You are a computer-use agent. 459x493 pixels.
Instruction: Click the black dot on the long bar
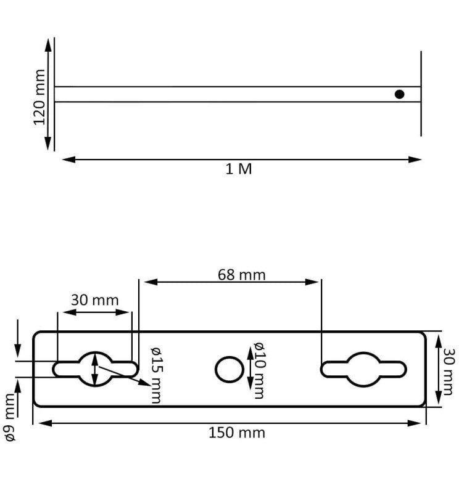[399, 94]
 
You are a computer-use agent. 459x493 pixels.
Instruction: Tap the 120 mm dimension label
[39, 97]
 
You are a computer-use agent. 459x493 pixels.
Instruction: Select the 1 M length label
[239, 169]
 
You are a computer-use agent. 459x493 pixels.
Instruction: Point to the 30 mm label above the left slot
[94, 300]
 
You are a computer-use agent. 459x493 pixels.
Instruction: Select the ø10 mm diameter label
[258, 370]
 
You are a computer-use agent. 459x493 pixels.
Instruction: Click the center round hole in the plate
[229, 369]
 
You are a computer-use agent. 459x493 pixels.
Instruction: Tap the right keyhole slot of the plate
[363, 369]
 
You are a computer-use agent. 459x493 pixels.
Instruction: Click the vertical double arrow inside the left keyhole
[94, 369]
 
